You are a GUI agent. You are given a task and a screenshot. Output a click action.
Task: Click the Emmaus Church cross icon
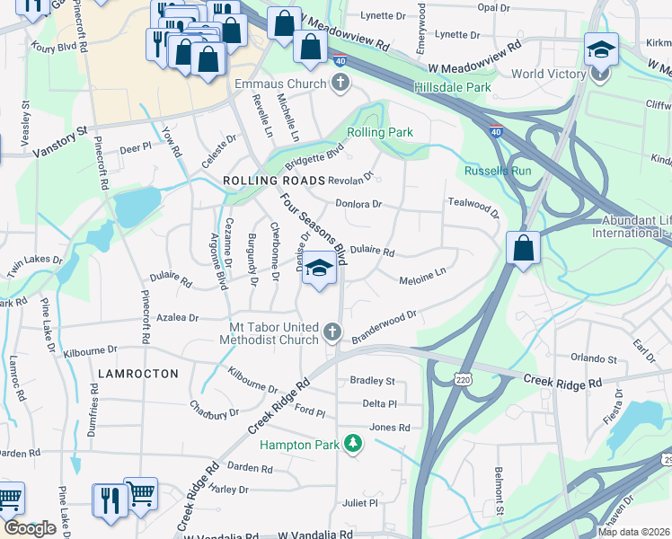pos(340,84)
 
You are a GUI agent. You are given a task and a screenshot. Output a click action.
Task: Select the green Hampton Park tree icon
pos(354,444)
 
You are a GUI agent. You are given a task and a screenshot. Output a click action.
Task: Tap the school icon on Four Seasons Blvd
pos(319,268)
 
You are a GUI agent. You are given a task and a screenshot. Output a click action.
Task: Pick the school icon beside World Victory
pos(600,49)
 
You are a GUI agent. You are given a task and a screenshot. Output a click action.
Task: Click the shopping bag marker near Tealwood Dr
pos(523,247)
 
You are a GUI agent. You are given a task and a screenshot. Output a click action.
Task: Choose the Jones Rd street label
pos(389,428)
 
